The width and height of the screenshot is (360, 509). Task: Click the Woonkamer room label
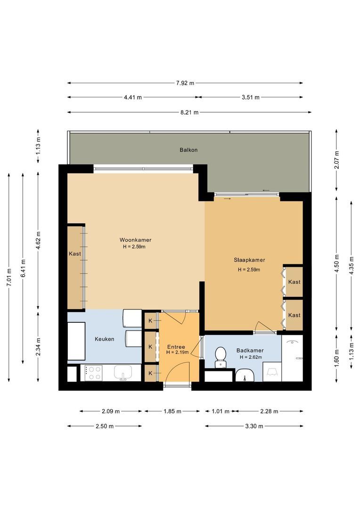[x=135, y=240]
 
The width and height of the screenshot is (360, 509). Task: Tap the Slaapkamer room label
[x=249, y=260]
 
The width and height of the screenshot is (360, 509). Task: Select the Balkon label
[x=188, y=150]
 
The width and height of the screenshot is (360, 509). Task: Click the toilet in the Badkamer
[x=221, y=357]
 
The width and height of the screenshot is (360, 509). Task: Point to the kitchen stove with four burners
[x=94, y=373]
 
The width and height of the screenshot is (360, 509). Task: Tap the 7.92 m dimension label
[x=185, y=83]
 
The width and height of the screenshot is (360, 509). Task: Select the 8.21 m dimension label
[x=189, y=113]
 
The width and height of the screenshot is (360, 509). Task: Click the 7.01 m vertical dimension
[x=9, y=277]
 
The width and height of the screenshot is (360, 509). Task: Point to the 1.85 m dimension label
[x=172, y=411]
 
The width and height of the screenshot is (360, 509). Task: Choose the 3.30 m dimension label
[x=254, y=426]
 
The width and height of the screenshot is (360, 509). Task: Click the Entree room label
[x=176, y=347]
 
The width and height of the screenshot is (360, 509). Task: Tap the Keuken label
[x=105, y=339]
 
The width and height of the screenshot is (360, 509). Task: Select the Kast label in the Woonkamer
[x=75, y=254]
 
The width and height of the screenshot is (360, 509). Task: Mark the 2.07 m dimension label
[x=337, y=160]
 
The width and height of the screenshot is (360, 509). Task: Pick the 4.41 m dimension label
[x=133, y=98]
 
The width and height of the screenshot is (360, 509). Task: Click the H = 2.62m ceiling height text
[x=251, y=357]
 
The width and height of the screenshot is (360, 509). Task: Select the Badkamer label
[x=250, y=351]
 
